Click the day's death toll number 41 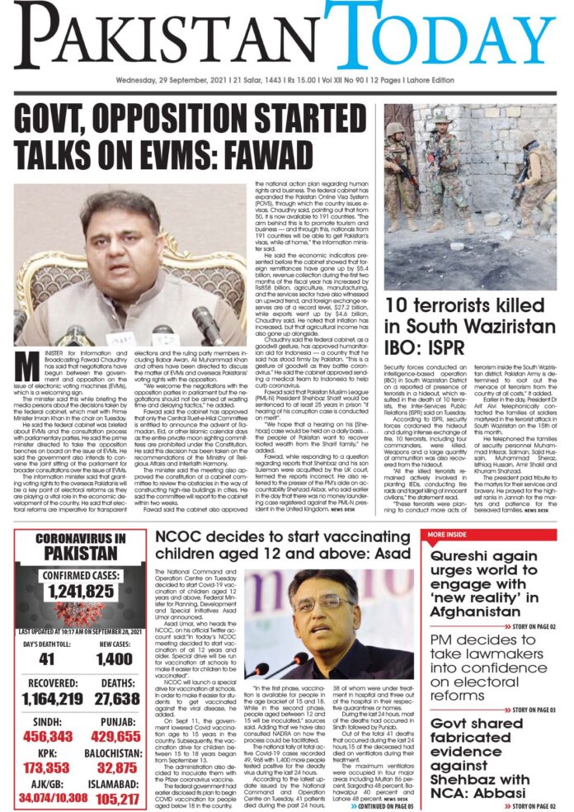(x=45, y=658)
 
